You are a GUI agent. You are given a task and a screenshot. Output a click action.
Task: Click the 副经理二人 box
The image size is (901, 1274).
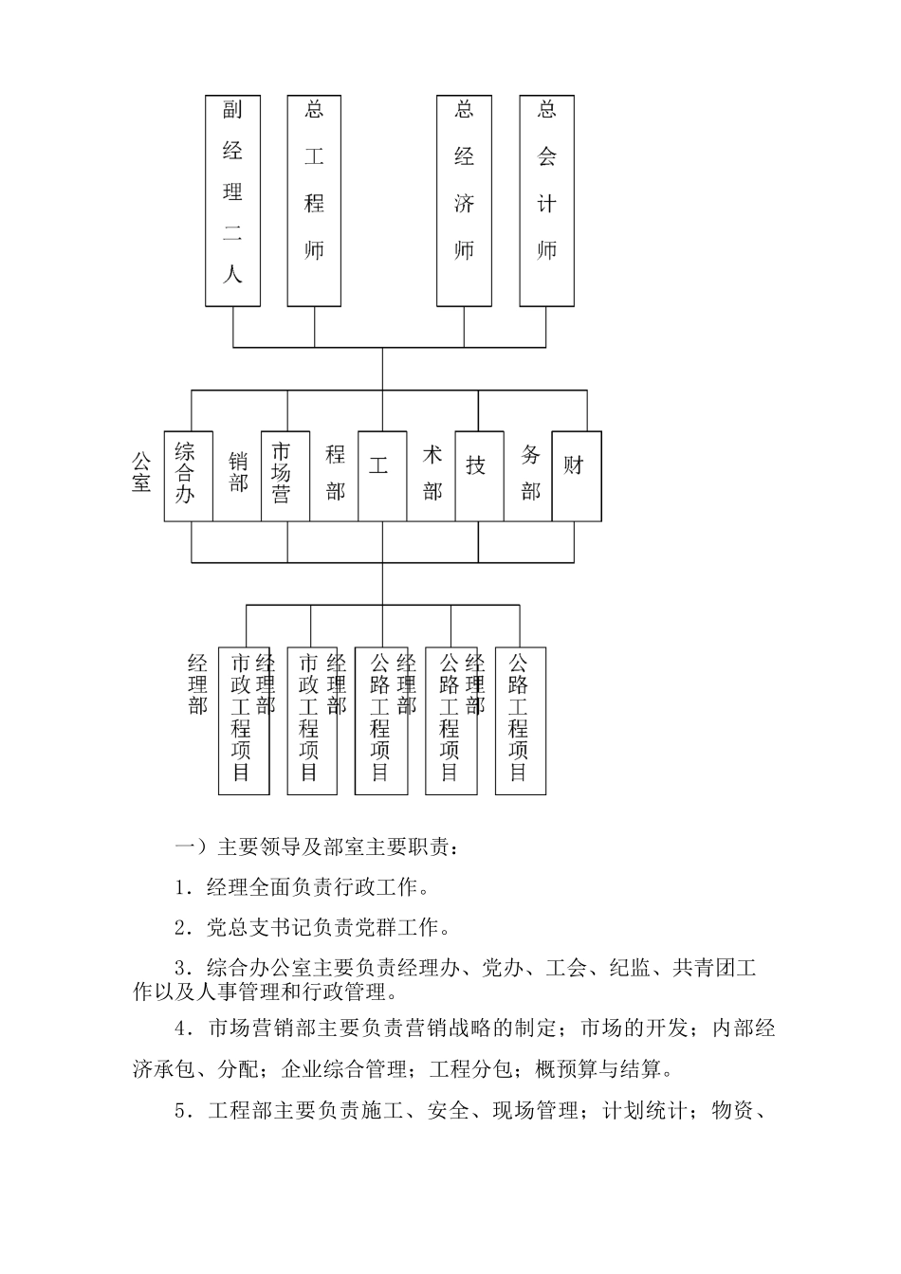coord(232,200)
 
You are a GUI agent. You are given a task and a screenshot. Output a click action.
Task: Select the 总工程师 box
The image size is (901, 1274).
coord(314,200)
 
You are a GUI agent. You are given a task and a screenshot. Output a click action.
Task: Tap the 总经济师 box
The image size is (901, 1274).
coord(464,200)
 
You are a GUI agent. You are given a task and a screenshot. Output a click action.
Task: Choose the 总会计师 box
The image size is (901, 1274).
coord(546,200)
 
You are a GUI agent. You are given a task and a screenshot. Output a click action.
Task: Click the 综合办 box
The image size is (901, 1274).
coord(188,476)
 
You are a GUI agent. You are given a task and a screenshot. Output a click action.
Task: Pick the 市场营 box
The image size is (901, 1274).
coord(285,476)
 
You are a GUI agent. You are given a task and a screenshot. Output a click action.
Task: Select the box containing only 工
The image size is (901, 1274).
coord(382,476)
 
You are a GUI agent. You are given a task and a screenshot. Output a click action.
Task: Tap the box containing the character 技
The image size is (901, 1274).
coord(479,476)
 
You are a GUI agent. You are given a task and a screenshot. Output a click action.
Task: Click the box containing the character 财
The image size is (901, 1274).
coord(577,476)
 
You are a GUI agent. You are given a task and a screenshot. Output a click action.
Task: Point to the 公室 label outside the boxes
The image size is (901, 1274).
coord(141,472)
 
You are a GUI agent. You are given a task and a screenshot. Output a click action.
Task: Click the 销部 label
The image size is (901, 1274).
coord(238,472)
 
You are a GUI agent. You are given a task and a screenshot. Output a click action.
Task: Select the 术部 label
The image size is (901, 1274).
coord(432,472)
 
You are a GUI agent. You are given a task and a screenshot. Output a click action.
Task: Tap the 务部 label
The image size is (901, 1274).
coord(530,472)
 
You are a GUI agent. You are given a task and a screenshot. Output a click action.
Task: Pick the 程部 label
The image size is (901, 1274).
coord(335,472)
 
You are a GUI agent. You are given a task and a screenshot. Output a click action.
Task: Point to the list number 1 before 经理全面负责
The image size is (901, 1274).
coord(180,889)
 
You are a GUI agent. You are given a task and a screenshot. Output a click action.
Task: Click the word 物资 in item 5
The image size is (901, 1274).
coord(731,1111)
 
